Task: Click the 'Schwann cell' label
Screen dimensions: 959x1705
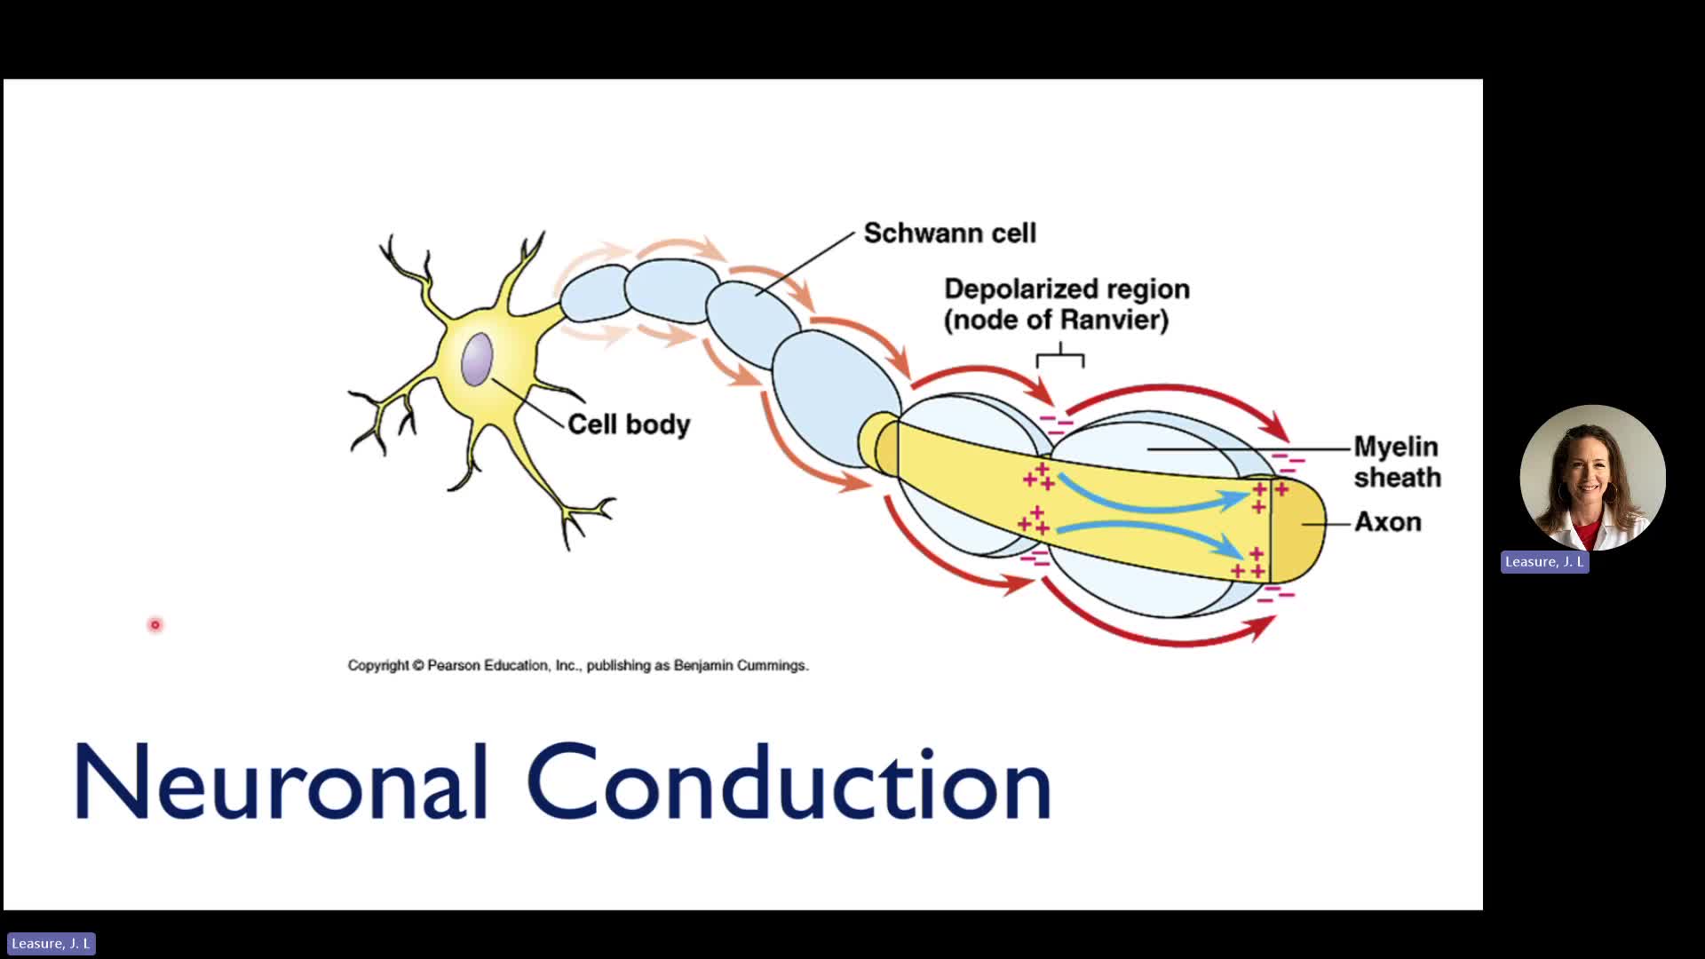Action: (x=949, y=234)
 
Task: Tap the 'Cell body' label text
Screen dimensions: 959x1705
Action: (x=629, y=424)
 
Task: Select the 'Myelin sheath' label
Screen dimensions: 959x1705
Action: (x=1397, y=462)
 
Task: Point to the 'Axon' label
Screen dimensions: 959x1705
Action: (x=1387, y=522)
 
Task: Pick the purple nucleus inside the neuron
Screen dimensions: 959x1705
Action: (x=477, y=359)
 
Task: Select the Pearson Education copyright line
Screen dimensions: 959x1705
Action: (x=578, y=665)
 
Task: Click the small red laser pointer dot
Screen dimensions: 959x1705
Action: (x=155, y=625)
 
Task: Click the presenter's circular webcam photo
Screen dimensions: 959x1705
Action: (x=1592, y=478)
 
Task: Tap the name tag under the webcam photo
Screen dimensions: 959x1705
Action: (x=1544, y=562)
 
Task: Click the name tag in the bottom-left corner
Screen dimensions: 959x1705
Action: (x=51, y=943)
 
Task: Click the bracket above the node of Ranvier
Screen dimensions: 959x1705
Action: (x=1060, y=357)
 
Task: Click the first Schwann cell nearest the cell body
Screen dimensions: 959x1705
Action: (x=593, y=293)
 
